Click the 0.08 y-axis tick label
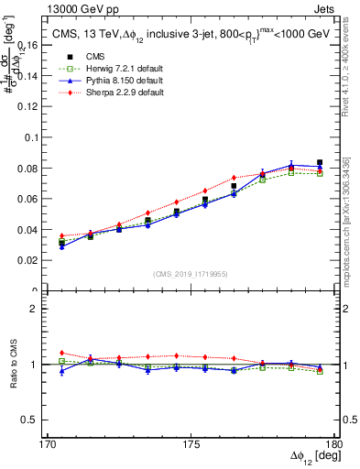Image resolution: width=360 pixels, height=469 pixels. pyautogui.click(x=36, y=168)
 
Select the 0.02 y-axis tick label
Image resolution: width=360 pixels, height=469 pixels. pyautogui.click(x=36, y=260)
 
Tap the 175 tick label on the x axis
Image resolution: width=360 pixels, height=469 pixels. pyautogui.click(x=191, y=444)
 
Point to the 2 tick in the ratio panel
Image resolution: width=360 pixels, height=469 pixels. pyautogui.click(x=42, y=309)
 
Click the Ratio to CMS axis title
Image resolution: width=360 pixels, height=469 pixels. pyautogui.click(x=13, y=365)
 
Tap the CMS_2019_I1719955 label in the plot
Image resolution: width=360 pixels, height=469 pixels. pyautogui.click(x=191, y=273)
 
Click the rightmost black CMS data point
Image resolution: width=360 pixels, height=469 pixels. pyautogui.click(x=320, y=162)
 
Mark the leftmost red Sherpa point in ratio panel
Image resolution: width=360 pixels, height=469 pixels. pyautogui.click(x=61, y=353)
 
